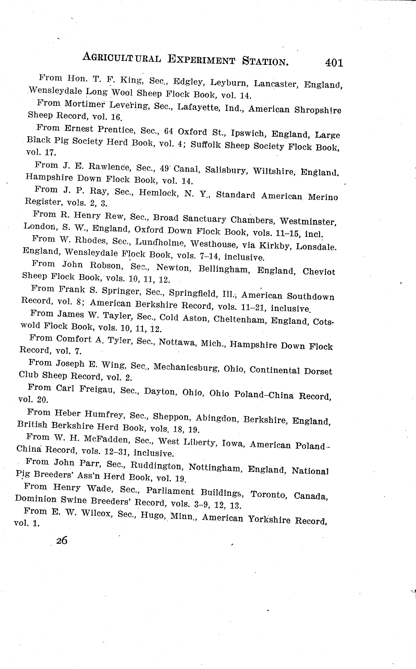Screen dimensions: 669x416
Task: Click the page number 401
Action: (x=334, y=63)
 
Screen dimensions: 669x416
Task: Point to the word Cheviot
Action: (x=319, y=272)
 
